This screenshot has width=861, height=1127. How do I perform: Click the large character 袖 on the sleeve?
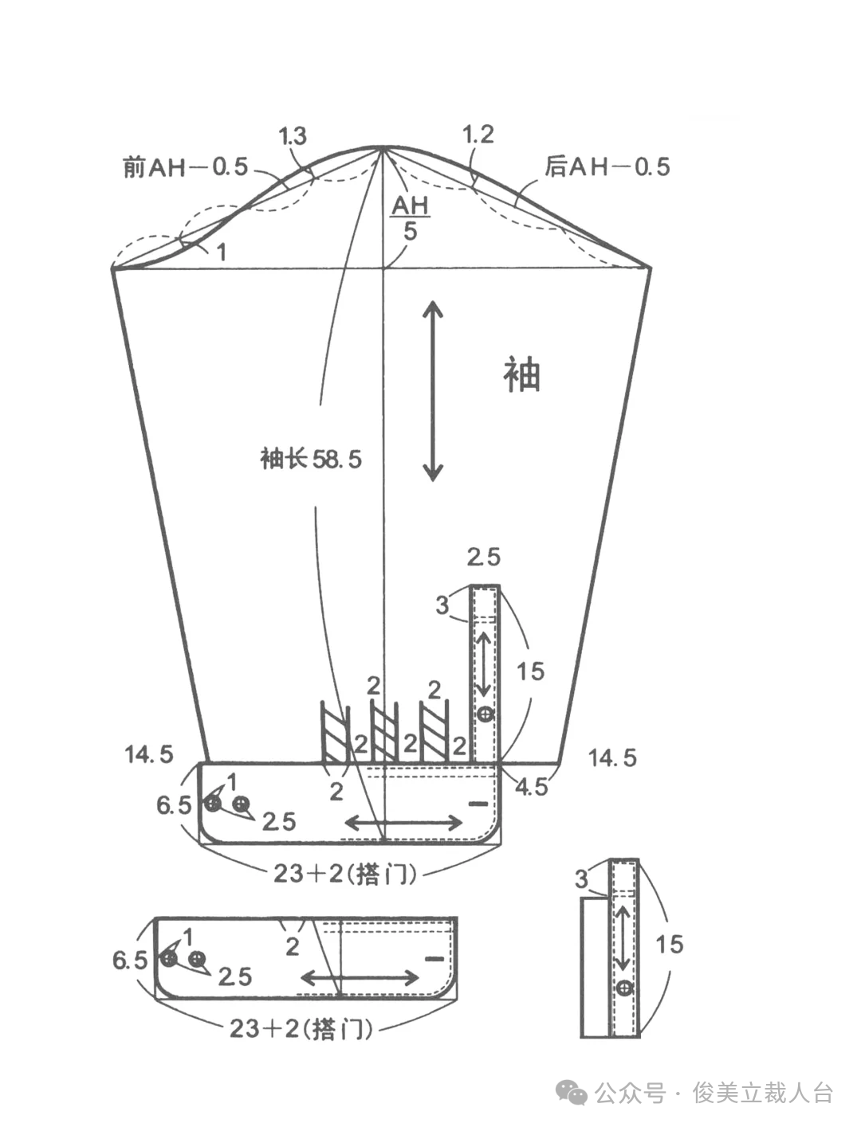tap(521, 375)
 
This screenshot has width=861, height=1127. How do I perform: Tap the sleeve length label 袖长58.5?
tap(312, 459)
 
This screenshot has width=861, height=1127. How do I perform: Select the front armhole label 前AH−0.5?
tap(186, 167)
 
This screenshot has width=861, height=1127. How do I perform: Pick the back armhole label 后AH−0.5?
tap(607, 167)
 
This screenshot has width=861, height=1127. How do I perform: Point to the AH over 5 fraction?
tap(410, 218)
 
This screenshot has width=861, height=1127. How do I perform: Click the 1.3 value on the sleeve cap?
tap(293, 136)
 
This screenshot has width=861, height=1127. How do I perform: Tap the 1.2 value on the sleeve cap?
tap(478, 135)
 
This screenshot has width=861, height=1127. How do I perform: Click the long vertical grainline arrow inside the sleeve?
tap(433, 391)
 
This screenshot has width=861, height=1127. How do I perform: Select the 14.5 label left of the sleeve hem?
tap(150, 755)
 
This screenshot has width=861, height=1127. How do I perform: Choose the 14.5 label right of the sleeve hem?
tap(612, 757)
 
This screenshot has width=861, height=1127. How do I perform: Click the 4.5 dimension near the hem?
tap(532, 787)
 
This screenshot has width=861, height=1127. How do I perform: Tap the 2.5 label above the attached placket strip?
tap(483, 557)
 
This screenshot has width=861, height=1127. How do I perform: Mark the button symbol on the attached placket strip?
tap(486, 714)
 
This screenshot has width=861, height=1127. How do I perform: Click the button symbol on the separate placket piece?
tap(625, 988)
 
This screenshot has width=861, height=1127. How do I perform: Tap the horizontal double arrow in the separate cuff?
tap(360, 977)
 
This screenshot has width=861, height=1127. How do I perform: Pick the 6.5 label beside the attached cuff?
tap(174, 805)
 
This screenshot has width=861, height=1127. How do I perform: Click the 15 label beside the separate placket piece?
tap(670, 945)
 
